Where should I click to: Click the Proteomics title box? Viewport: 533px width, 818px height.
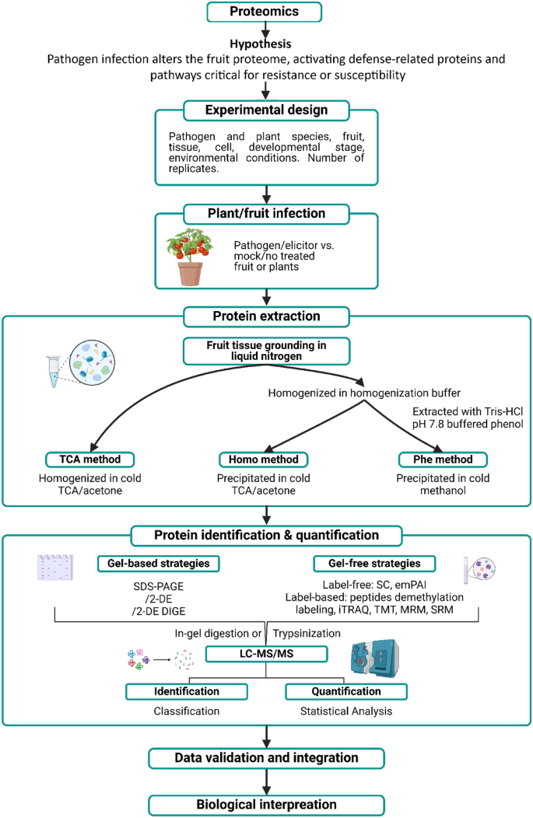266,12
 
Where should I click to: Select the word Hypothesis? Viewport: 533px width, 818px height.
266,44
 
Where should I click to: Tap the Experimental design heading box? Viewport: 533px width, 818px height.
266,110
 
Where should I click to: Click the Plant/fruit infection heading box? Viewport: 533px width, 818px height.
266,212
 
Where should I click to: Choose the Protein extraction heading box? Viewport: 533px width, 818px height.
266,316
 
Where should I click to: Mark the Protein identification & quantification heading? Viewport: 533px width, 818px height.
266,536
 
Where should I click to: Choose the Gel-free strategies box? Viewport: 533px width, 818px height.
372,563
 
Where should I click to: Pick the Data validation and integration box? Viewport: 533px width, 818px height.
266,757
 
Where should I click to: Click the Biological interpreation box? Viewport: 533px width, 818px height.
266,804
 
